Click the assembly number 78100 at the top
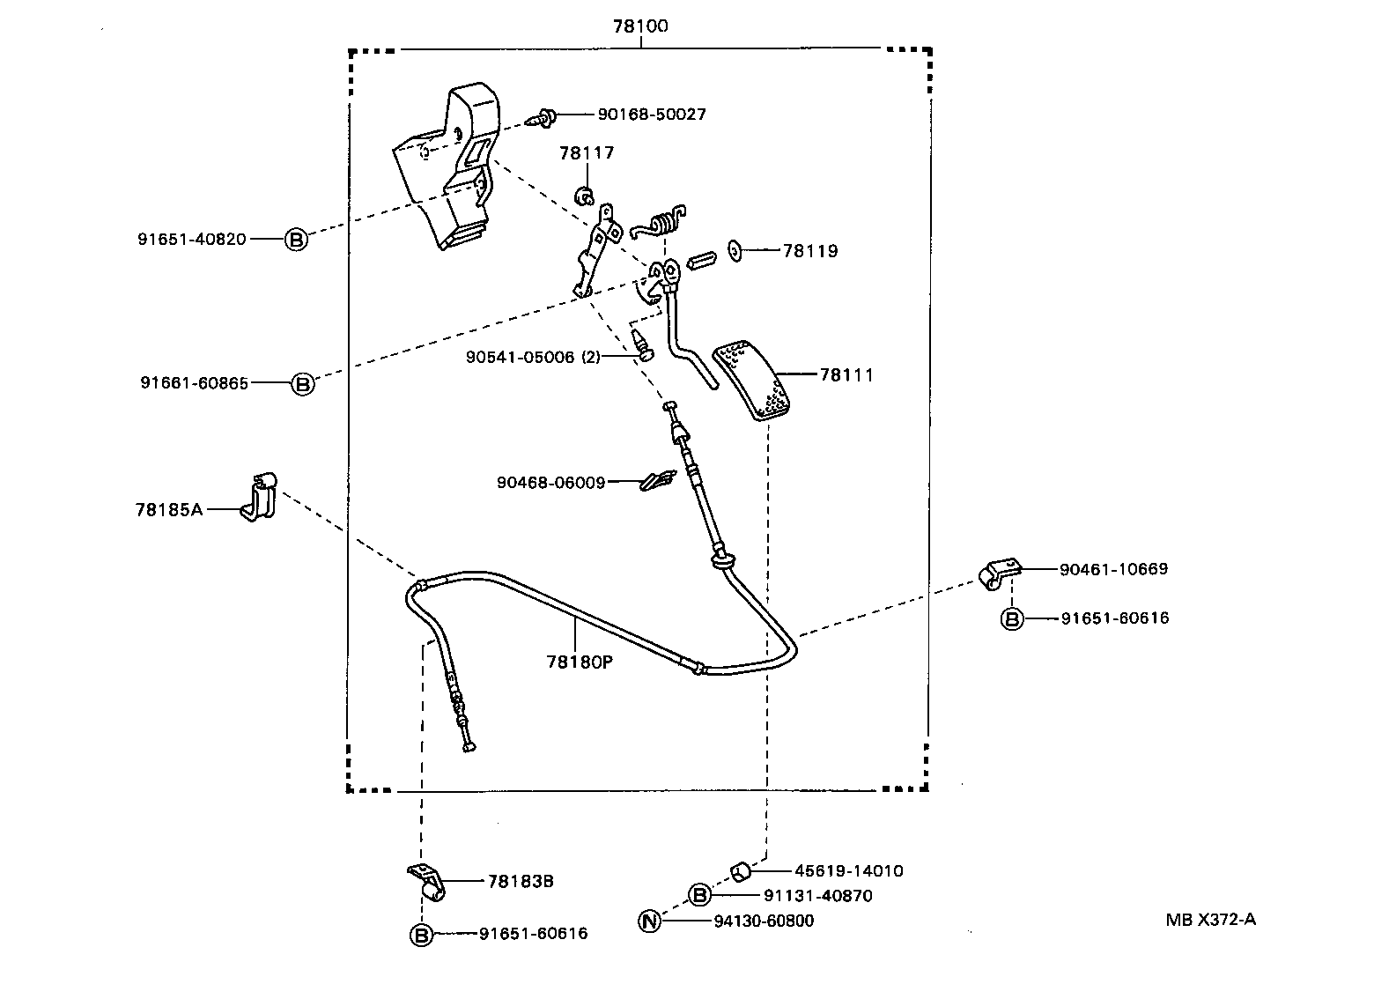[640, 26]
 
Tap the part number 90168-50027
[651, 115]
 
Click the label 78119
[810, 251]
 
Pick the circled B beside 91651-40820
[297, 239]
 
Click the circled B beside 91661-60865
[302, 383]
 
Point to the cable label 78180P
[579, 660]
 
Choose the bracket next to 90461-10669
[1000, 573]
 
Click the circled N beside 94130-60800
[649, 921]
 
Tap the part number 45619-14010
[848, 871]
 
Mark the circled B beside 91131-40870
[698, 896]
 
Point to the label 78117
[587, 153]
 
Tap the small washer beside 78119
[735, 251]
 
